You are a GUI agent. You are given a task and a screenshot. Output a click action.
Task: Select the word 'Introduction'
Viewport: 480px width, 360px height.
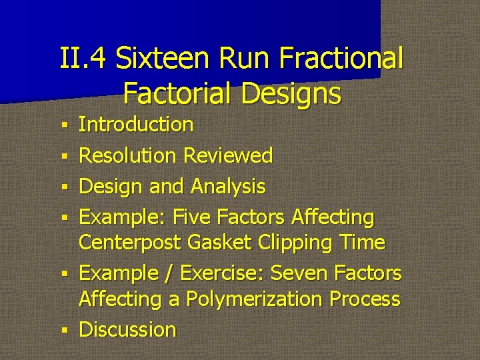(x=136, y=125)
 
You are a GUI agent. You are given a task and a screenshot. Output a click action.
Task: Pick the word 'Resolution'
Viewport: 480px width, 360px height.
(x=127, y=155)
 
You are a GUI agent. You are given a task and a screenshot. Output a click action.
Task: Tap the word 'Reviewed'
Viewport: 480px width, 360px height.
(x=228, y=155)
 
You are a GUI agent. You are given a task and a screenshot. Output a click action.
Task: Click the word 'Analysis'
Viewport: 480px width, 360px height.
(x=228, y=187)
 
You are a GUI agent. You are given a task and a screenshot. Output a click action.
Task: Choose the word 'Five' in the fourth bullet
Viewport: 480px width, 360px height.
(x=194, y=217)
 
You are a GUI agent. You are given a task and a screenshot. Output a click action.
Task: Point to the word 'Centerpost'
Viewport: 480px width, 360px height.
(x=130, y=242)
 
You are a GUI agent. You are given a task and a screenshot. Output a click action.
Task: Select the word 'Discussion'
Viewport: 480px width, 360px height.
(x=127, y=330)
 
